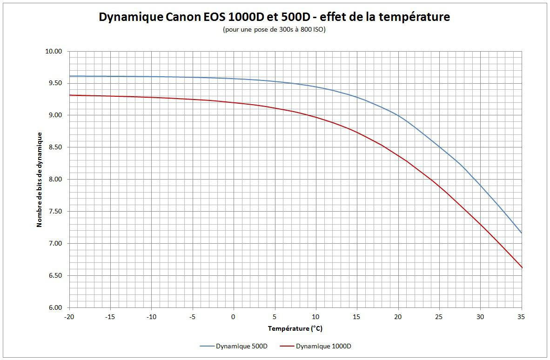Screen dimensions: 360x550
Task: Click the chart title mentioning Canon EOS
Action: point(275,17)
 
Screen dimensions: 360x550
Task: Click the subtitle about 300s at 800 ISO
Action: point(275,30)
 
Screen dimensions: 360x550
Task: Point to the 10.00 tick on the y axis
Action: point(55,52)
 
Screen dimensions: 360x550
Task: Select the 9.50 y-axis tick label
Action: point(55,84)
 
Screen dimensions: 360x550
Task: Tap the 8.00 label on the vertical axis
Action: point(55,180)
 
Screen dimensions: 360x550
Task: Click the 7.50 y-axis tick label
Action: point(55,212)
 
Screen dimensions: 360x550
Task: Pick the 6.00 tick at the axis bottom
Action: point(55,308)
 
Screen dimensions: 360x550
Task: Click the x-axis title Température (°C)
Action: point(295,329)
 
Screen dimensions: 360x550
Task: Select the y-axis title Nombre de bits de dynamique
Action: point(40,180)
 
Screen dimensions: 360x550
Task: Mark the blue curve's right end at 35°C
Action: point(522,233)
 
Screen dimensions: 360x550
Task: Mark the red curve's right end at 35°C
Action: point(522,267)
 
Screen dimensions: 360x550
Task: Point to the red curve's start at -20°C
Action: point(69,95)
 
